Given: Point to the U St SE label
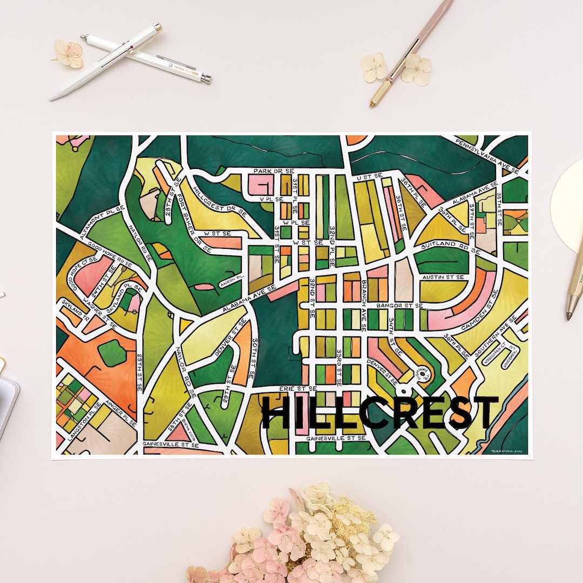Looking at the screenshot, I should (x=369, y=176).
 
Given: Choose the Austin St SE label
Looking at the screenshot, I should (x=443, y=277).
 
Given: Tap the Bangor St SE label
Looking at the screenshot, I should (x=400, y=306).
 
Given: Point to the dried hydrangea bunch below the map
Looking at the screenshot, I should (x=302, y=534).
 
